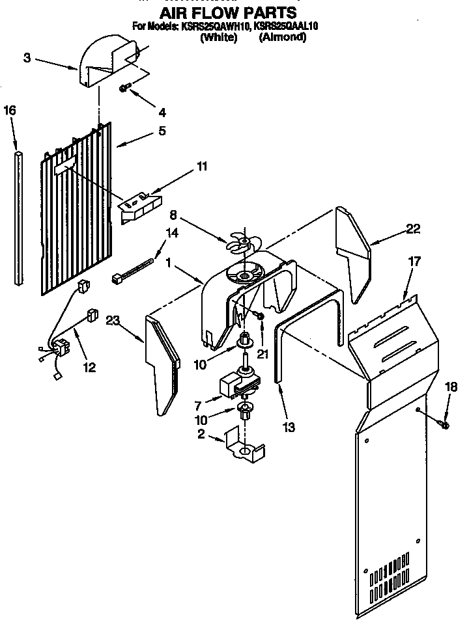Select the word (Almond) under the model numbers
coord(282,37)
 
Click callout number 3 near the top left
coord(27,58)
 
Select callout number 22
coord(412,228)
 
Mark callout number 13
coord(289,427)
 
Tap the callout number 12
coord(89,368)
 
